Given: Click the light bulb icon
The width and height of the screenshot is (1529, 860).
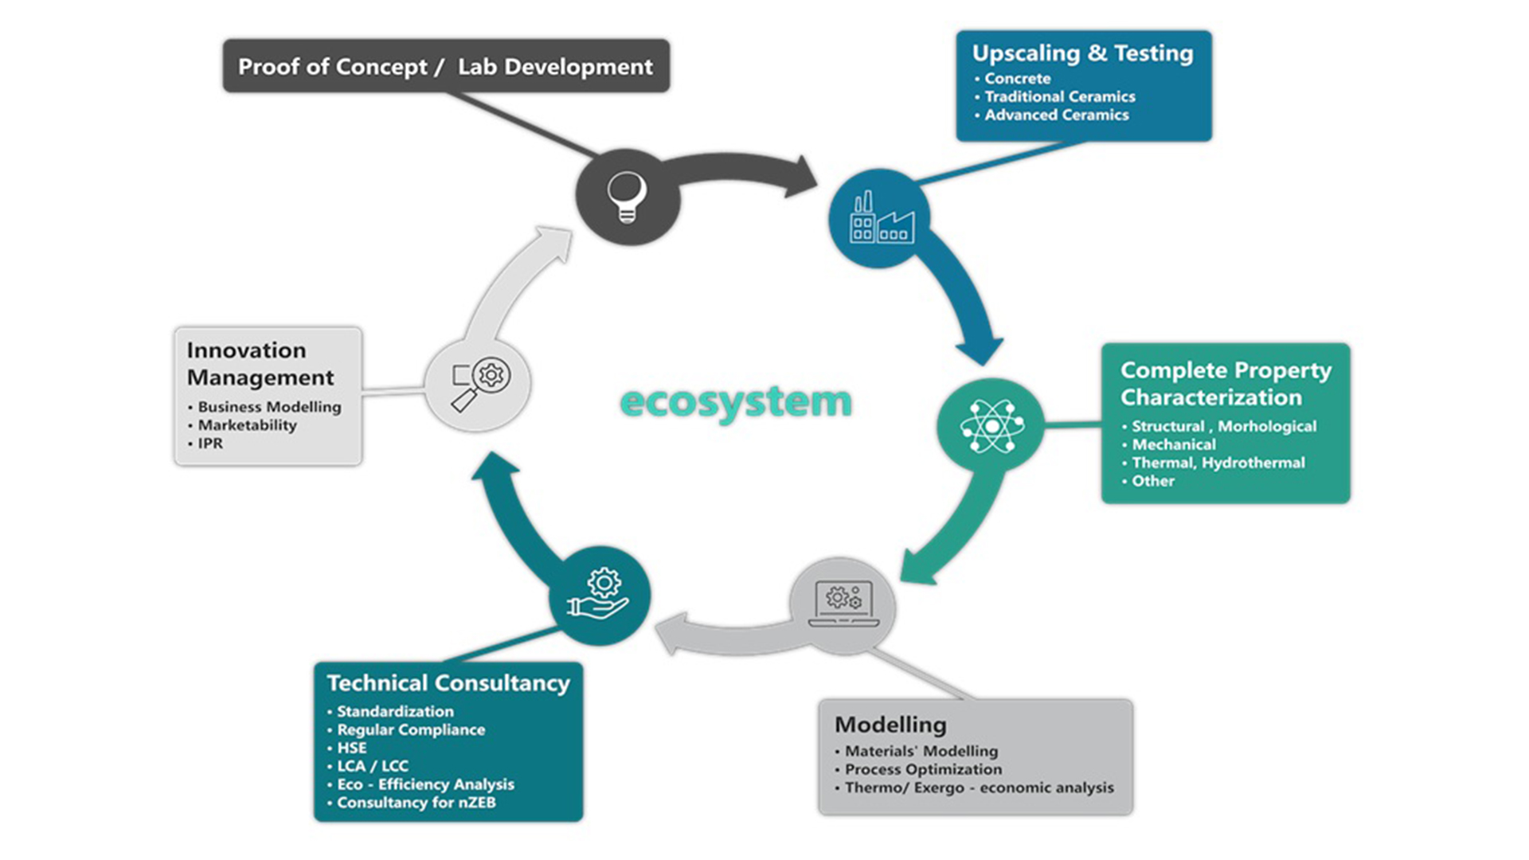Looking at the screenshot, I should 627,197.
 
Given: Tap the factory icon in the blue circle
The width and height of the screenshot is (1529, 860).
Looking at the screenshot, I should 881,218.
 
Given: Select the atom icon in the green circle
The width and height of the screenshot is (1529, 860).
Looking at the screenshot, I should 991,426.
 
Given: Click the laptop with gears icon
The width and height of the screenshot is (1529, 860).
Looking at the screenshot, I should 843,604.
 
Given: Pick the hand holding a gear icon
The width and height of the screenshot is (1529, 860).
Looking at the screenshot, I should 599,596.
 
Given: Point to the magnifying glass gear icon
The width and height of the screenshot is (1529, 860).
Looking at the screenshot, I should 479,384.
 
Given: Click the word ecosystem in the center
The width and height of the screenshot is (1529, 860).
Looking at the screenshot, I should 735,402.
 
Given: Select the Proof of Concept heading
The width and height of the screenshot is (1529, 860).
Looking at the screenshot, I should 445,67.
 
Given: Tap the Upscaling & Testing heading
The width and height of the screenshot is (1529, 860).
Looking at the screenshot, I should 1082,53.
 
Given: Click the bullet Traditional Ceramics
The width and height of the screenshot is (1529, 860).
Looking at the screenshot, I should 1059,96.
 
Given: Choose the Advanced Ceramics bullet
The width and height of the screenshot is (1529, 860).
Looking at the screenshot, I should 1056,115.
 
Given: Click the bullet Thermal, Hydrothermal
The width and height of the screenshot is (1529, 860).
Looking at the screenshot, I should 1218,463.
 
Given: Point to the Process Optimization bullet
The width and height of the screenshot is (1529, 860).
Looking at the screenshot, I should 923,769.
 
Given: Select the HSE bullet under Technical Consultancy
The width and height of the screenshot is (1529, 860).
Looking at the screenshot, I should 351,748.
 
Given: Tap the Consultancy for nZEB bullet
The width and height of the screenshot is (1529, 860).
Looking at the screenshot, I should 416,803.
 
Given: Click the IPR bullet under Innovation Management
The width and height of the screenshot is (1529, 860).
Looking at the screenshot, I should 210,444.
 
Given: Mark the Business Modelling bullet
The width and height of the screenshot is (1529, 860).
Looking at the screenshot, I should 269,407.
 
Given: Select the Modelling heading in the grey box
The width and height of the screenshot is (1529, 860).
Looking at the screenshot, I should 890,725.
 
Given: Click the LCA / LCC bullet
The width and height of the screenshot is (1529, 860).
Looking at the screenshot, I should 373,766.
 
